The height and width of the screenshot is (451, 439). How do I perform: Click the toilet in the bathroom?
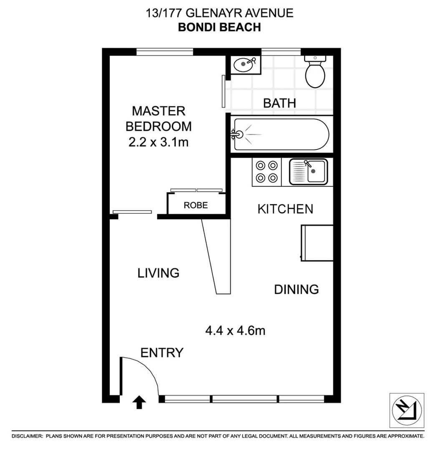pyautogui.click(x=315, y=73)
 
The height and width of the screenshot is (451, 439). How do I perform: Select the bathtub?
pyautogui.click(x=281, y=134)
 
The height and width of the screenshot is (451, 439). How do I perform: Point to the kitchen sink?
pyautogui.click(x=309, y=172)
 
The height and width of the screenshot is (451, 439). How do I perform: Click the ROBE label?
pyautogui.click(x=196, y=205)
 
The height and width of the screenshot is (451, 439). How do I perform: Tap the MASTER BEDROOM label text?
pyautogui.click(x=159, y=118)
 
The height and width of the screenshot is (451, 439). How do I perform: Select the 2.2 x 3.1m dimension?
pyautogui.click(x=159, y=142)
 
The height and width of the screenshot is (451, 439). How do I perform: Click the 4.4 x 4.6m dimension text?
pyautogui.click(x=235, y=331)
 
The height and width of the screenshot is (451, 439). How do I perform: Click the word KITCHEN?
pyautogui.click(x=285, y=209)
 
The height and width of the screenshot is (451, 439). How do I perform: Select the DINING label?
pyautogui.click(x=296, y=289)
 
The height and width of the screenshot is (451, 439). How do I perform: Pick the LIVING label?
pyautogui.click(x=159, y=273)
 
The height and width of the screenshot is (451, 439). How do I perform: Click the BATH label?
pyautogui.click(x=279, y=103)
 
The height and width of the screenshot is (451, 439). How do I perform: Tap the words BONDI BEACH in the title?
pyautogui.click(x=219, y=27)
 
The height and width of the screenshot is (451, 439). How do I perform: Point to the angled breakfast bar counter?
pyautogui.click(x=217, y=255)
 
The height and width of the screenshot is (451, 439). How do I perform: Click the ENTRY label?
pyautogui.click(x=162, y=353)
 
